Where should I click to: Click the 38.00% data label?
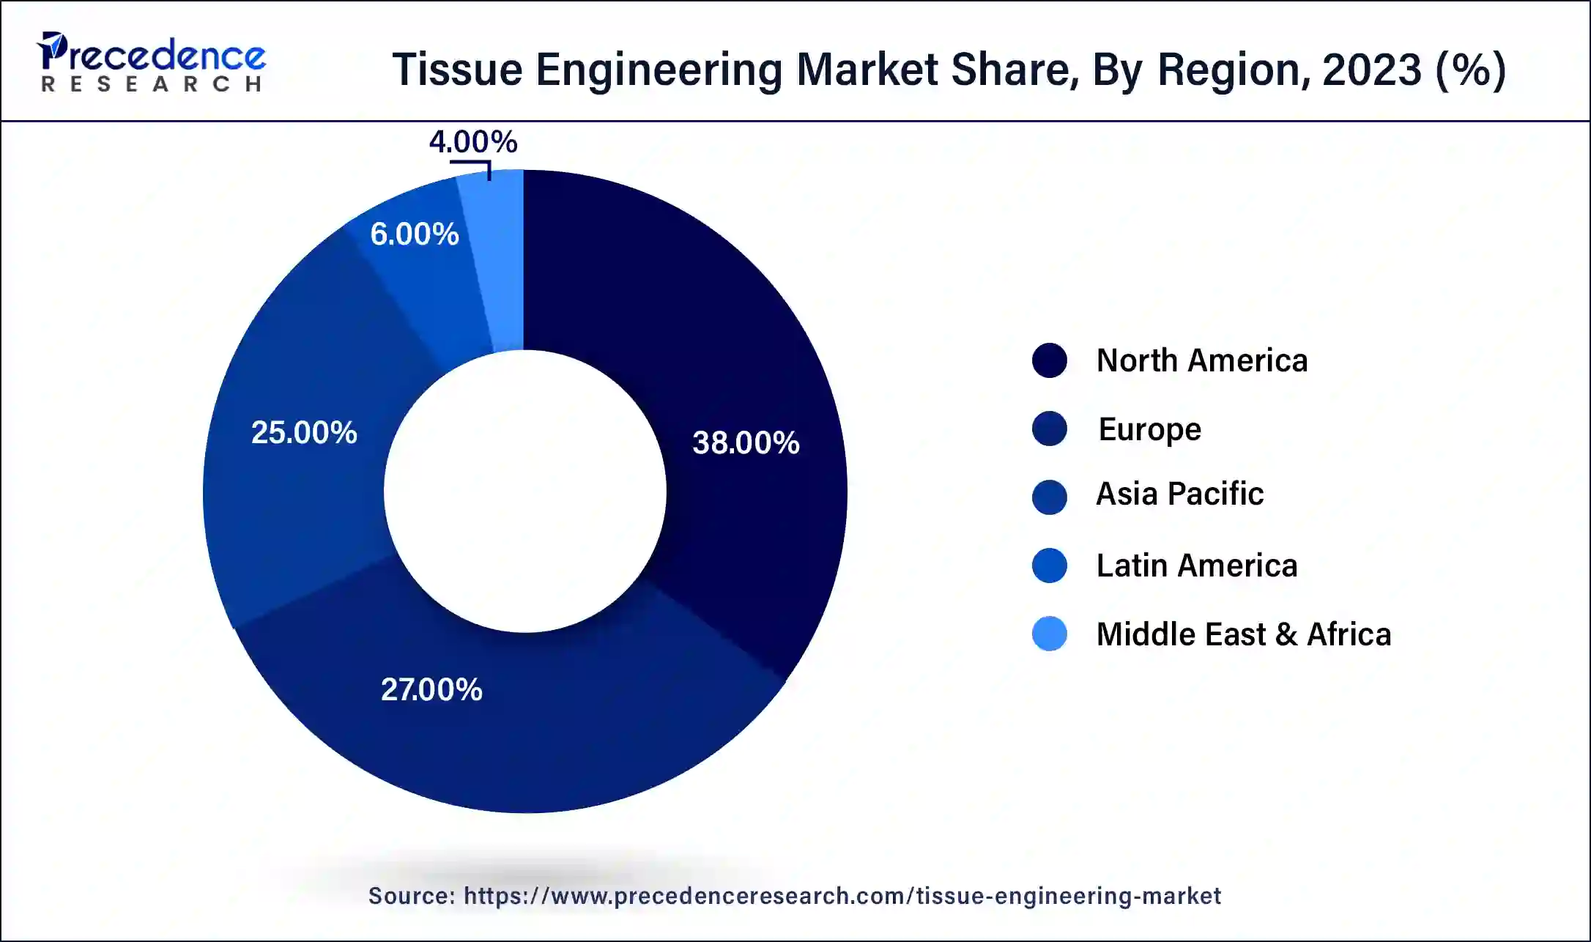point(746,442)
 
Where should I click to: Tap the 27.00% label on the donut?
point(431,689)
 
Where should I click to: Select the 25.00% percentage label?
point(304,432)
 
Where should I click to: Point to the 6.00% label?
point(414,234)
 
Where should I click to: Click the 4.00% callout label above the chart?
point(473,141)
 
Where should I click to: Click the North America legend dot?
point(1049,360)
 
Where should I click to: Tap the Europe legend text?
point(1149,429)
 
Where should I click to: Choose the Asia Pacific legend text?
point(1179,494)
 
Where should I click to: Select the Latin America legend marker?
point(1049,565)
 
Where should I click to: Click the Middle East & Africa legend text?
point(1243,634)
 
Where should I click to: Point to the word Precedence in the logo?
point(152,55)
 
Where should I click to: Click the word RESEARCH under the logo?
point(152,84)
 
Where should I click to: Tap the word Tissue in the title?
point(457,70)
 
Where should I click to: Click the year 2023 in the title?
point(1372,70)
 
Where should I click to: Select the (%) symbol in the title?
point(1470,70)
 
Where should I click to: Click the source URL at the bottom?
point(842,896)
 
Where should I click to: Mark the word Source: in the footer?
point(412,896)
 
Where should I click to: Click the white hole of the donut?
point(524,491)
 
